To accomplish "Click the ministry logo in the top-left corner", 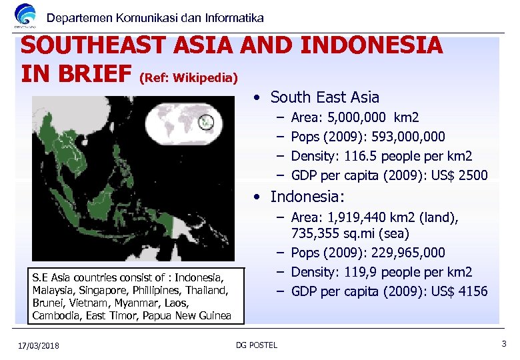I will (x=25, y=16).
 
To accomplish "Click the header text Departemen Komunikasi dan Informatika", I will (x=155, y=18).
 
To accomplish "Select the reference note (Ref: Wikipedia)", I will (x=189, y=79).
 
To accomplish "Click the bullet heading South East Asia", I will (x=324, y=97).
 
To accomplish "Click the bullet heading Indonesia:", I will (x=307, y=197).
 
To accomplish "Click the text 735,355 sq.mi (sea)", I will (x=350, y=233).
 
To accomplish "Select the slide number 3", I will (x=503, y=343).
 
